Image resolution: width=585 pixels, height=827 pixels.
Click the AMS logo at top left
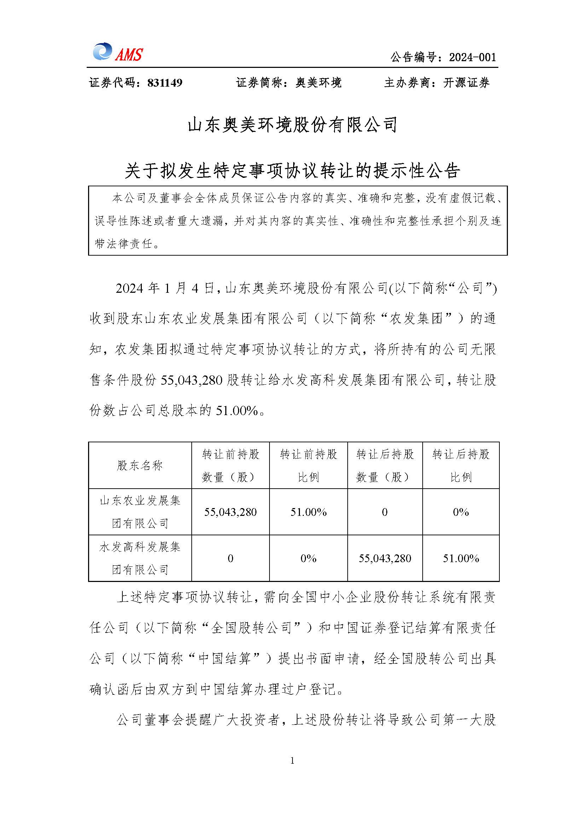[117, 53]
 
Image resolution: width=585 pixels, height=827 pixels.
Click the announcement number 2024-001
[472, 57]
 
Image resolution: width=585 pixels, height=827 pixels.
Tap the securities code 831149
[164, 83]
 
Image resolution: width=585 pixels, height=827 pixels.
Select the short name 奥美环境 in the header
[318, 83]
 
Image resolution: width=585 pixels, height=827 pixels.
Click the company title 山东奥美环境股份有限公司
[292, 124]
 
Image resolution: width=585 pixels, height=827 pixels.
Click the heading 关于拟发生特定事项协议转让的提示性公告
[292, 170]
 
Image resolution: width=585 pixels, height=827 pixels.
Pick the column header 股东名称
[140, 465]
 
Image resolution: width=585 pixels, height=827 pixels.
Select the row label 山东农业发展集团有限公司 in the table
[140, 512]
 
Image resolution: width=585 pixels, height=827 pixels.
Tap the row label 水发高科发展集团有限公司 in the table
[140, 558]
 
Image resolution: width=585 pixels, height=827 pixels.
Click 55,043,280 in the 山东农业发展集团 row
[230, 512]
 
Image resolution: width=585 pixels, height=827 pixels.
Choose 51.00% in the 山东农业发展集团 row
[308, 512]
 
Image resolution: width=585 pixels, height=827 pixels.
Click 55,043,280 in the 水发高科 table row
[385, 559]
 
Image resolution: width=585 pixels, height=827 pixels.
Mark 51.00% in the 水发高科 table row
[461, 559]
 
